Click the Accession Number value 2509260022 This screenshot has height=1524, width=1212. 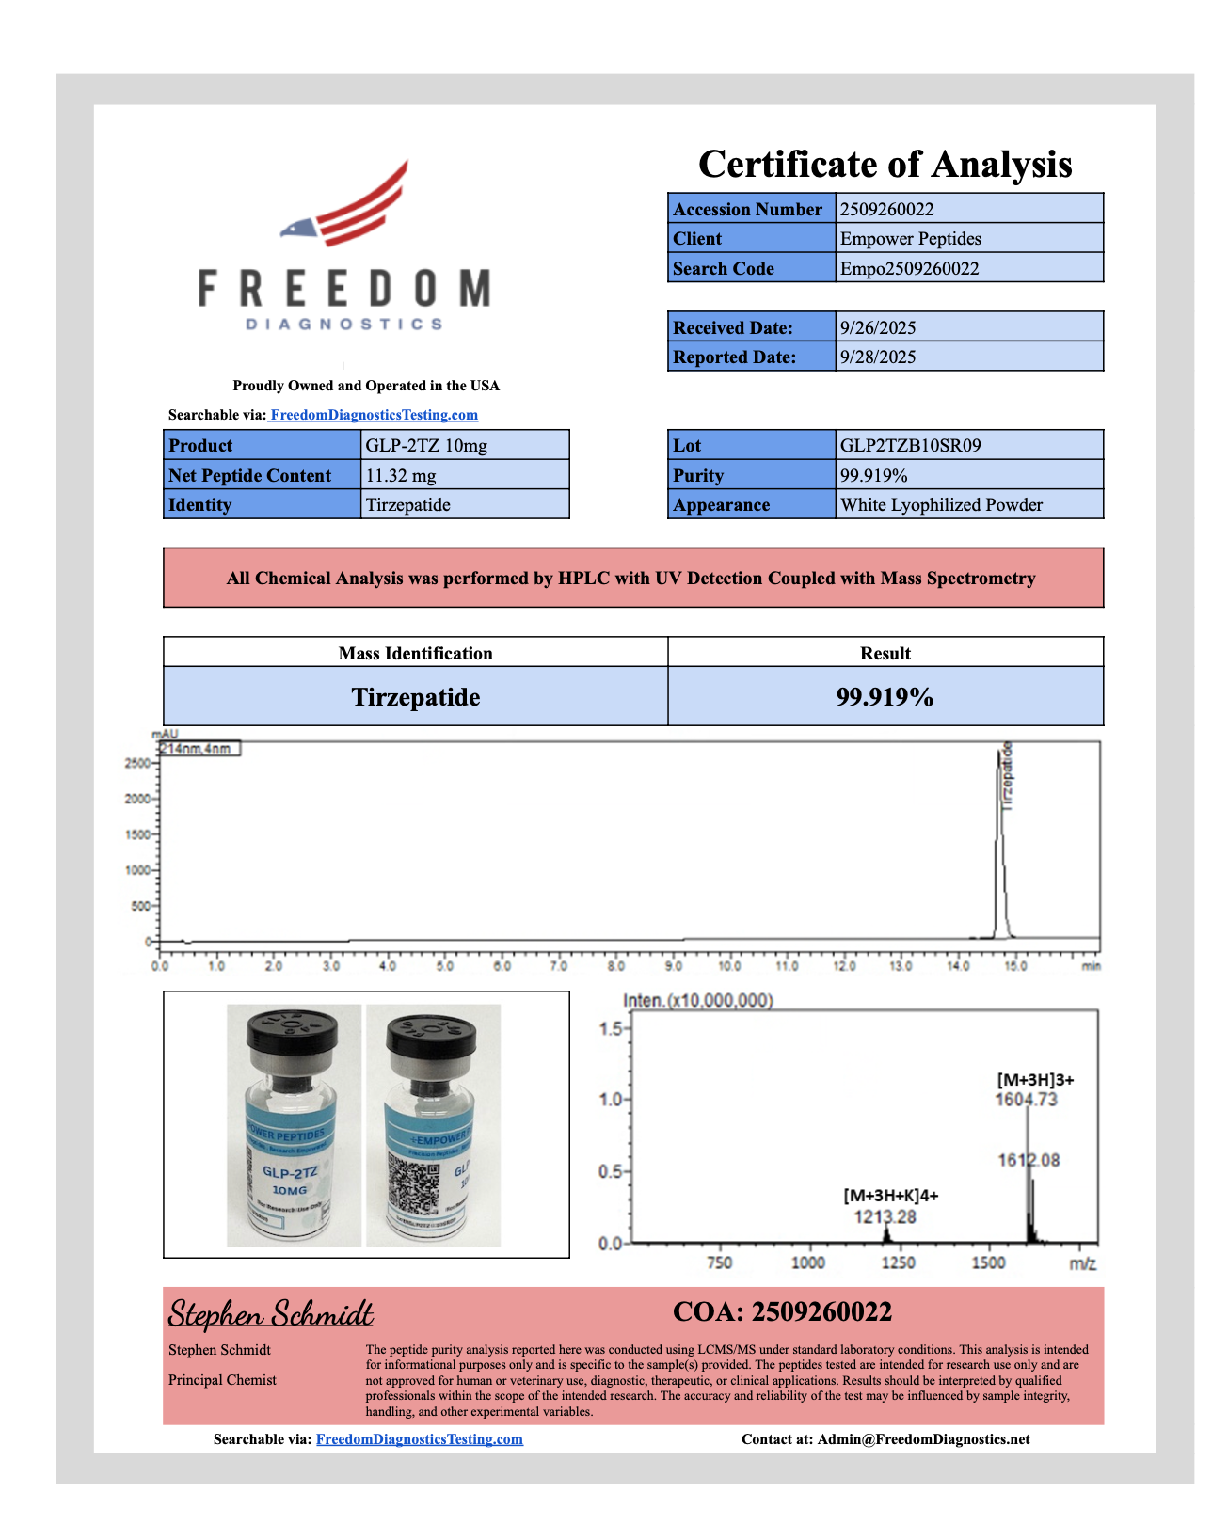886,209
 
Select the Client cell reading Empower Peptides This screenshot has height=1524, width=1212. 910,239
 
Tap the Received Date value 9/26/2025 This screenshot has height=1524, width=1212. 877,328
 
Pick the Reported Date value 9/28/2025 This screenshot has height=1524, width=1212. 877,357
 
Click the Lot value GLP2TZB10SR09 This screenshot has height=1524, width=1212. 910,446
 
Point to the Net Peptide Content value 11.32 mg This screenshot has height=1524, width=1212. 401,476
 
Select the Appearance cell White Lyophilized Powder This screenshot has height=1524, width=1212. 941,505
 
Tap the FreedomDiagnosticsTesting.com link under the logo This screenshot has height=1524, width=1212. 374,415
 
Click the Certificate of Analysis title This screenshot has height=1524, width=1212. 885,165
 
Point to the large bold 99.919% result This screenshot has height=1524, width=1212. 885,697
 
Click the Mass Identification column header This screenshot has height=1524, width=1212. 415,653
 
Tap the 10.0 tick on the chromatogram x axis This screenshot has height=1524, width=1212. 729,966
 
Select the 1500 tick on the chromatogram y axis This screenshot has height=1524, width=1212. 137,835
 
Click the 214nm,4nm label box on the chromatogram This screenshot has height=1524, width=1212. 199,749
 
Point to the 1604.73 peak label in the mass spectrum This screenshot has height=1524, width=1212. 1026,1100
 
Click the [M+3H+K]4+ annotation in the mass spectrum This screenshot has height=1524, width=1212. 890,1196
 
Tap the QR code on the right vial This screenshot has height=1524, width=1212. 414,1183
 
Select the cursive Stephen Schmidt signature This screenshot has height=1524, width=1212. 270,1313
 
